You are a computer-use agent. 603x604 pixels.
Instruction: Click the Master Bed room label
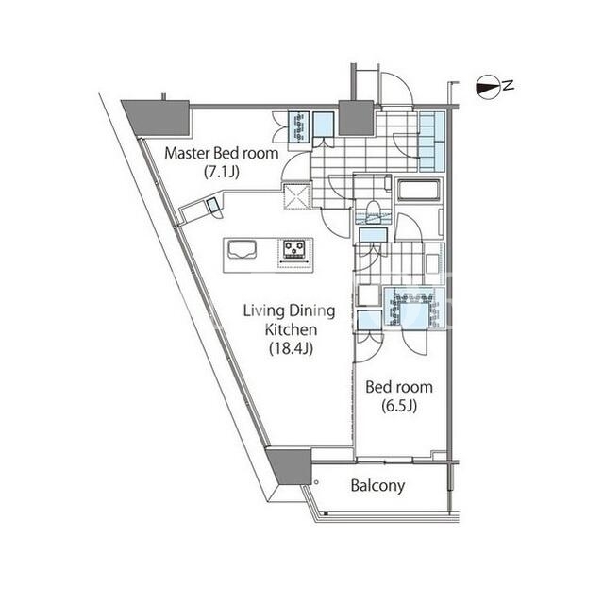point(222,153)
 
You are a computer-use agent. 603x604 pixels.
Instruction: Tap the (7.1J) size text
point(222,172)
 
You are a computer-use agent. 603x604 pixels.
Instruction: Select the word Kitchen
point(292,329)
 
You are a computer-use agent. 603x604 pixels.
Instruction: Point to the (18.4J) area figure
point(291,348)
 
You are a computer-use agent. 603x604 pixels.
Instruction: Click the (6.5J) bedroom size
point(399,406)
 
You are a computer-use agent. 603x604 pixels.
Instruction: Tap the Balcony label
point(377,486)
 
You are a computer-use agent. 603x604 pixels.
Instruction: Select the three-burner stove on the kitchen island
point(294,249)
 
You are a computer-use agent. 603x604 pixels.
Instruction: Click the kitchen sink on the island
point(243,249)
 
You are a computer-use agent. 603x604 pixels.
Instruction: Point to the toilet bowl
point(373,210)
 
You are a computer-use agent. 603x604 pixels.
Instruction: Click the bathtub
point(418,190)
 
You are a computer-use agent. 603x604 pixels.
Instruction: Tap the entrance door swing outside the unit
point(395,89)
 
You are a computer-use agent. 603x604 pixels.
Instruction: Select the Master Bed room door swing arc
point(295,166)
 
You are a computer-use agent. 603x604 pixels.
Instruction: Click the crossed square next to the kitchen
point(296,196)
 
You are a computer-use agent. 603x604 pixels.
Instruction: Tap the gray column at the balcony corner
point(290,465)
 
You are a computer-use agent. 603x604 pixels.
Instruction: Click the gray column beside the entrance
point(356,118)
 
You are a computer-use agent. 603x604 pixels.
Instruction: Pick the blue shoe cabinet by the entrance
point(431,141)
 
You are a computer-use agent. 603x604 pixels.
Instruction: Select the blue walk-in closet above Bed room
point(414,309)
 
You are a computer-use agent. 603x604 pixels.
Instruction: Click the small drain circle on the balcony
point(316,482)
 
